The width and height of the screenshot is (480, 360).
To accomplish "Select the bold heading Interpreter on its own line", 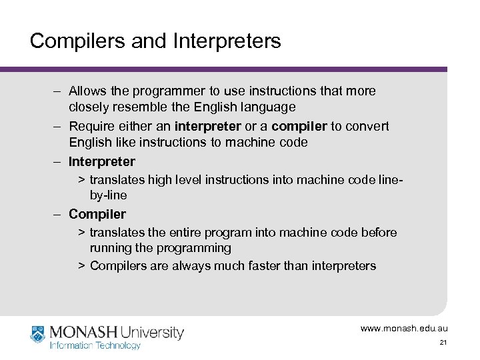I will pyautogui.click(x=101, y=161).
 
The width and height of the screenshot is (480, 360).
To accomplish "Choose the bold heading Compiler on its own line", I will pyautogui.click(x=97, y=215).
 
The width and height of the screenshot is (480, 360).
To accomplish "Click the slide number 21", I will pyautogui.click(x=443, y=342).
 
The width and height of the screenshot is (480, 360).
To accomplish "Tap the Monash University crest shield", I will pyautogui.click(x=39, y=333).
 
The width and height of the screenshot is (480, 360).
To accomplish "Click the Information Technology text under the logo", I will pyautogui.click(x=95, y=345).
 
